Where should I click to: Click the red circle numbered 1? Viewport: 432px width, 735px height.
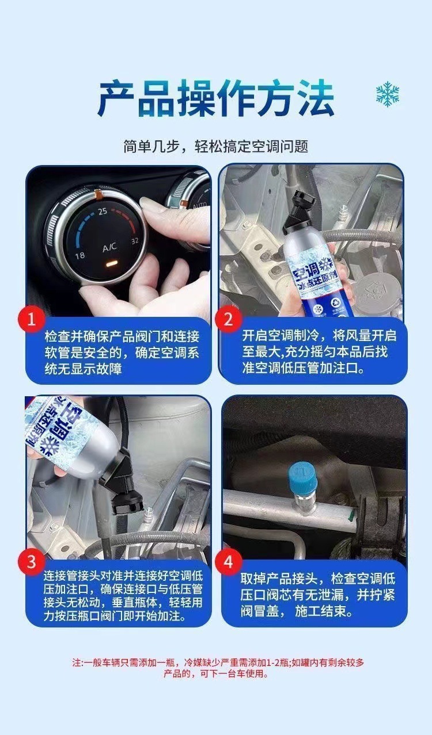point(31,319)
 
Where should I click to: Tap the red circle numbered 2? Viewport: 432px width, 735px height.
point(228,319)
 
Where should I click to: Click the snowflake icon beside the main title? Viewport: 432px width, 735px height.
point(388,94)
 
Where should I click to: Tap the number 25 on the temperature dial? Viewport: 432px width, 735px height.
point(103,211)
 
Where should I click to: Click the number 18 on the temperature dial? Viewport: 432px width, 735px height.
point(80,255)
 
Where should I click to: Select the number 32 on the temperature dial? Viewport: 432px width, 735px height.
point(135,241)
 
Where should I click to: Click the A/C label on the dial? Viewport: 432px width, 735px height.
point(109,247)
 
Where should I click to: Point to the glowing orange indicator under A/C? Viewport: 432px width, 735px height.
point(111,263)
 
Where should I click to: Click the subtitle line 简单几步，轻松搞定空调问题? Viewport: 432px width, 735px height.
point(216,146)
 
